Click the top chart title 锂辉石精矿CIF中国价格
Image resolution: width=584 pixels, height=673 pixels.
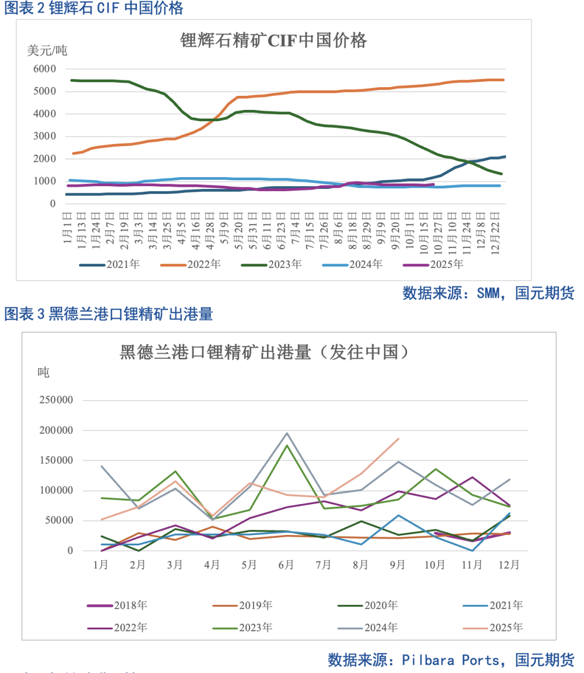[x=273, y=41]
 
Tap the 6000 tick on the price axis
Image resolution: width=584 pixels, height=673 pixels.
[x=45, y=69]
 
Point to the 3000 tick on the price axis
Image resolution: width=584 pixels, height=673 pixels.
[x=45, y=136]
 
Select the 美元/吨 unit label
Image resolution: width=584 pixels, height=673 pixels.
[x=47, y=51]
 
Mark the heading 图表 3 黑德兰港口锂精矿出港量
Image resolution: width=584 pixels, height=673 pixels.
[x=109, y=314]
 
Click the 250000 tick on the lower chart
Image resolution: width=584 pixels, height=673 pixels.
[x=56, y=400]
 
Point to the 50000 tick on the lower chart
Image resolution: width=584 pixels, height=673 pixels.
[x=59, y=520]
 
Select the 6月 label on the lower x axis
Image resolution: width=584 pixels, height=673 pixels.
[x=286, y=565]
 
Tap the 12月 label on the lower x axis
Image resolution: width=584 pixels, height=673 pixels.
[x=509, y=565]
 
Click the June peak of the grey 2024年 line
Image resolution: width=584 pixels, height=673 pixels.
[x=287, y=433]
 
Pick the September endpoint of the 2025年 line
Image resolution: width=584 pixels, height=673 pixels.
[x=399, y=439]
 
